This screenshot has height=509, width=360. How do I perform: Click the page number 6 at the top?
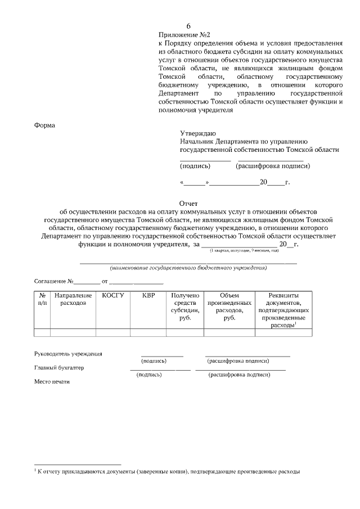click(x=189, y=26)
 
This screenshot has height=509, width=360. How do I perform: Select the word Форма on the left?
click(x=45, y=125)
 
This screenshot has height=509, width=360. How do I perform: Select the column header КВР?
click(x=148, y=295)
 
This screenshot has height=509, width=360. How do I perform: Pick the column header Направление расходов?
click(x=73, y=299)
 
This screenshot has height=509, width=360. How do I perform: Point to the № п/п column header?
click(x=42, y=299)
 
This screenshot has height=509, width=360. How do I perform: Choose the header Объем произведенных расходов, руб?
click(x=229, y=307)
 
